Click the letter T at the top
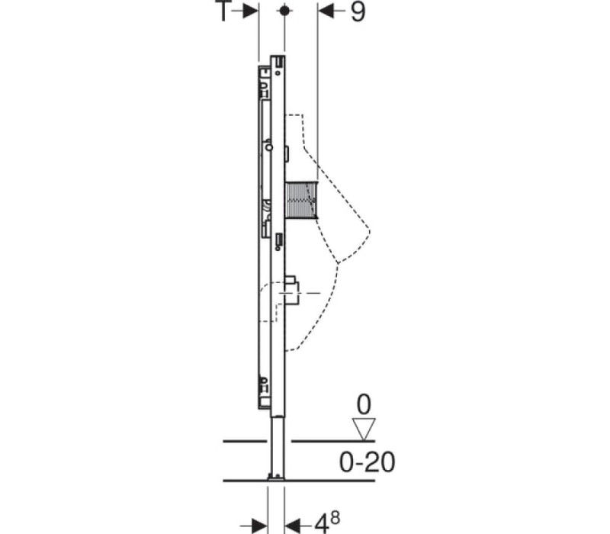[x=223, y=11]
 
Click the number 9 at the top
[x=358, y=11]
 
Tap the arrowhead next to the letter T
[x=250, y=11]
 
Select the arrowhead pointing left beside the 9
[x=326, y=11]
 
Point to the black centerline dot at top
[x=284, y=11]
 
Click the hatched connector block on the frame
[x=301, y=200]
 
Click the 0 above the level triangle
[x=364, y=405]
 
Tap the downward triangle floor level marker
[x=364, y=429]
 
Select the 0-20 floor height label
[x=368, y=462]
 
